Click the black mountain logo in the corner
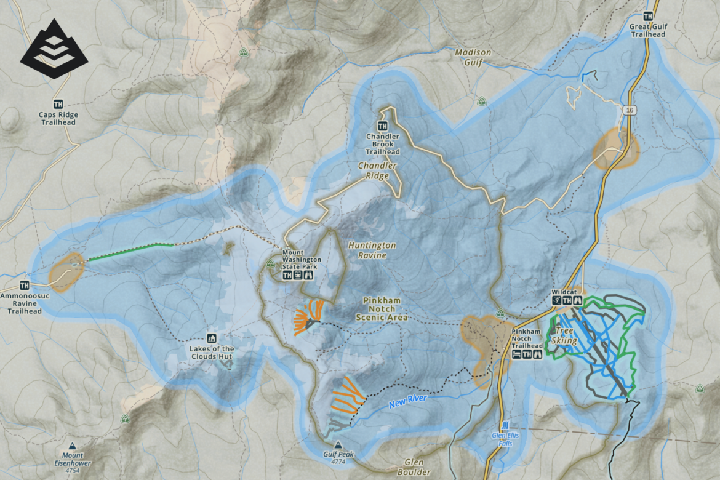point(54,49)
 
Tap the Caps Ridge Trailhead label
point(58,118)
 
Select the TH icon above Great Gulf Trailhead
point(647,17)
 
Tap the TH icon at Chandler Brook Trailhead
point(382,126)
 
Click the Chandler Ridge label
point(378,171)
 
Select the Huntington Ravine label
point(372,250)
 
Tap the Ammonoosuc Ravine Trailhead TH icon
point(25,285)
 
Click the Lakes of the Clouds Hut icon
point(212,338)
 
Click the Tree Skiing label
point(564,335)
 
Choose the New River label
point(407,401)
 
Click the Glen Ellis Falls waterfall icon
point(505,425)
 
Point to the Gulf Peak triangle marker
point(337,444)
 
